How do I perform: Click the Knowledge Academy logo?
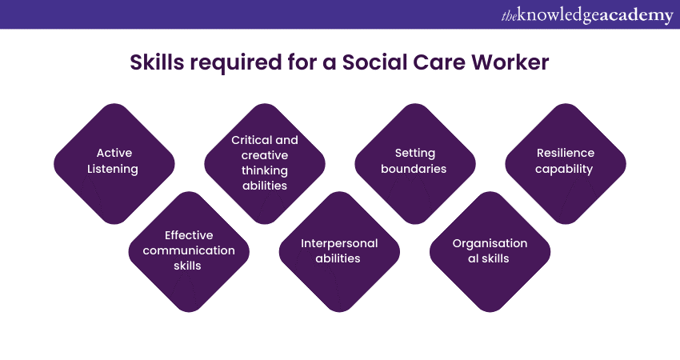pos(587,16)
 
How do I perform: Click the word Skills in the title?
pos(157,62)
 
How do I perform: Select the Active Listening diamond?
pos(114,164)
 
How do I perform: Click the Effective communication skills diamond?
pos(189,251)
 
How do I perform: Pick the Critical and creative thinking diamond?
pos(265,164)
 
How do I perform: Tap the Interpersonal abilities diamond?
pos(339,251)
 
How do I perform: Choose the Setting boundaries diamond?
pos(415,164)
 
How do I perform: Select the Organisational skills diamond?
pos(490,251)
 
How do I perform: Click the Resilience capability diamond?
pos(566,164)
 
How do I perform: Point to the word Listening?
pos(113,169)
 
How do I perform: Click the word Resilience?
pos(566,153)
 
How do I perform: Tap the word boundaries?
pos(414,169)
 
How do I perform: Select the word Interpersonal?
pos(339,244)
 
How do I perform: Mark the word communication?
pos(189,250)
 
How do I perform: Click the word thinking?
pos(265,171)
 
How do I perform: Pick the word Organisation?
pos(490,244)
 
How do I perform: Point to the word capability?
pos(564,169)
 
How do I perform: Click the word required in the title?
pos(235,63)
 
